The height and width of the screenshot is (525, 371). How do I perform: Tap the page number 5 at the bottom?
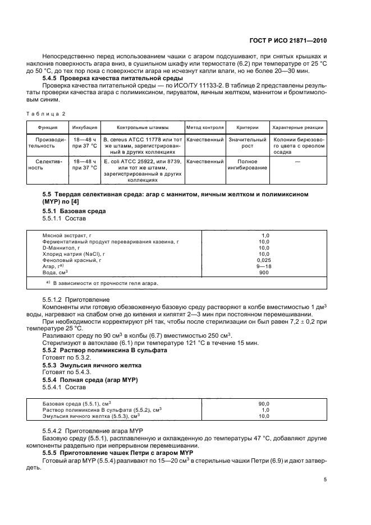(326, 480)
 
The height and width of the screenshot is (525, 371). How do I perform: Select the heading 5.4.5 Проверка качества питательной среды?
(103, 78)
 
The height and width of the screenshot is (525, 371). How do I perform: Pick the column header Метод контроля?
(205, 127)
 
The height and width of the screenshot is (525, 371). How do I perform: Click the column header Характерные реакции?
(297, 127)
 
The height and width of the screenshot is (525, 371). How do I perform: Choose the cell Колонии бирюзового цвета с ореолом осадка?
(297, 145)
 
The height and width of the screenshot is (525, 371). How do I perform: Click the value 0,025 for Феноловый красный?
(263, 260)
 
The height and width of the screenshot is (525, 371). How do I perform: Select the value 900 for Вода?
(263, 272)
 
